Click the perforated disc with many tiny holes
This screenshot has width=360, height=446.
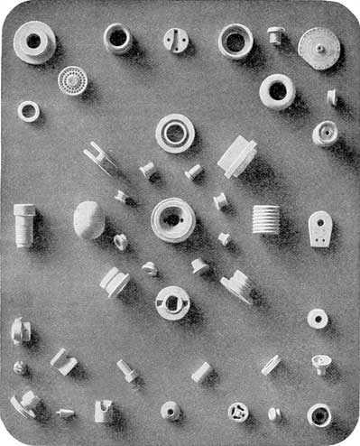[72, 80]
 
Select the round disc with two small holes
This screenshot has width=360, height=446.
[176, 40]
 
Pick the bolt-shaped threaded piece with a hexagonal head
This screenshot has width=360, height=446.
[24, 224]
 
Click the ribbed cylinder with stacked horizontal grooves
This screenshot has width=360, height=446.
[265, 219]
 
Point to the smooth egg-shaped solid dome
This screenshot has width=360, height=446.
[88, 219]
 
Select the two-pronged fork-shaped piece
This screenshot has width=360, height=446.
[99, 157]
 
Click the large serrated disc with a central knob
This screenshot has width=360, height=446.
[318, 47]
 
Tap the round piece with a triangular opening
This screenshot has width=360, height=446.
[238, 412]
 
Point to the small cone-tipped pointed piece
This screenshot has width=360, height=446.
[65, 413]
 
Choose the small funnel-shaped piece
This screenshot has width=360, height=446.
[321, 364]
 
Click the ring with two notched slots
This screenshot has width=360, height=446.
[171, 302]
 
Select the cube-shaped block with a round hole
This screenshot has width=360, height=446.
[103, 412]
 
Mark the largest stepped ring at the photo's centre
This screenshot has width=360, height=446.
[172, 219]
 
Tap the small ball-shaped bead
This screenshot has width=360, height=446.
[20, 367]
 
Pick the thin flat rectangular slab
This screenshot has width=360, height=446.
[271, 364]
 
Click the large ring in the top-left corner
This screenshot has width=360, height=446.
[34, 42]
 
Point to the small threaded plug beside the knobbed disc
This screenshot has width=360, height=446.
[275, 35]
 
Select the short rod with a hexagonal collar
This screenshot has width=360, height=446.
[126, 370]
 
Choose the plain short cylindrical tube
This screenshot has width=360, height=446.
[201, 371]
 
